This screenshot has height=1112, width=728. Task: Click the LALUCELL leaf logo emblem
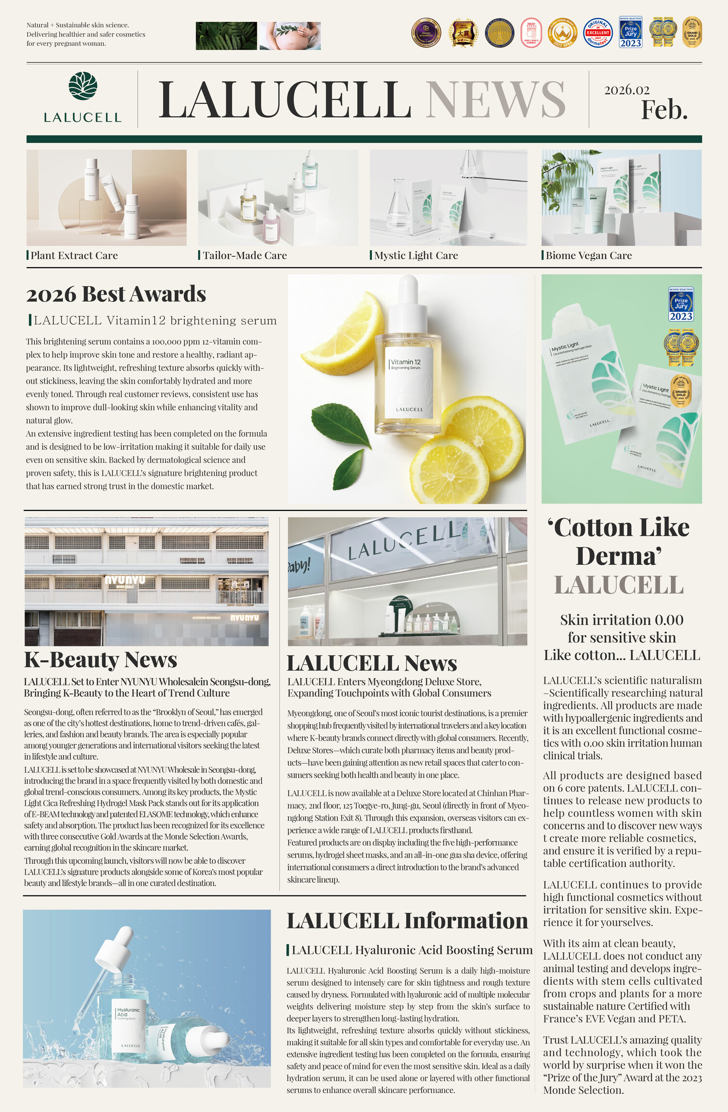point(83,86)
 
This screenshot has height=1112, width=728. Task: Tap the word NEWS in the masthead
point(496,100)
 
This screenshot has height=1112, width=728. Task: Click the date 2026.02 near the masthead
point(627,90)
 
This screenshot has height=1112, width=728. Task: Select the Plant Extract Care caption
point(74,255)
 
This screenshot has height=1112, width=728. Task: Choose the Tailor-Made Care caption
point(244,255)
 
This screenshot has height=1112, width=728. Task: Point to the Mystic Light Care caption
point(416,255)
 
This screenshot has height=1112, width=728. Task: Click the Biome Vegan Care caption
point(588,255)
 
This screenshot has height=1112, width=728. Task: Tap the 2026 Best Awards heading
point(116,294)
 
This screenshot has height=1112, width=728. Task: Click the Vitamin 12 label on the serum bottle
point(406,362)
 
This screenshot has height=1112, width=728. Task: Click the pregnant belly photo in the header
point(290,36)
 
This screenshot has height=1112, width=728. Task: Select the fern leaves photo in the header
point(226,36)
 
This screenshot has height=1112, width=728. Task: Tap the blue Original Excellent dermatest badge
point(597,33)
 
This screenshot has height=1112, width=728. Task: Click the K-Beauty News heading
point(100,660)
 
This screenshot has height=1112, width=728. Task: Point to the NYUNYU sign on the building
point(125,580)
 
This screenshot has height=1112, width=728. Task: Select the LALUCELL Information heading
point(407,921)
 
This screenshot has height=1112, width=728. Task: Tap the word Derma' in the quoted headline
point(619,556)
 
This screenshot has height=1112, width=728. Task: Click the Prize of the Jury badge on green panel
point(681,304)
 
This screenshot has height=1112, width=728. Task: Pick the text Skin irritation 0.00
point(621,620)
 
